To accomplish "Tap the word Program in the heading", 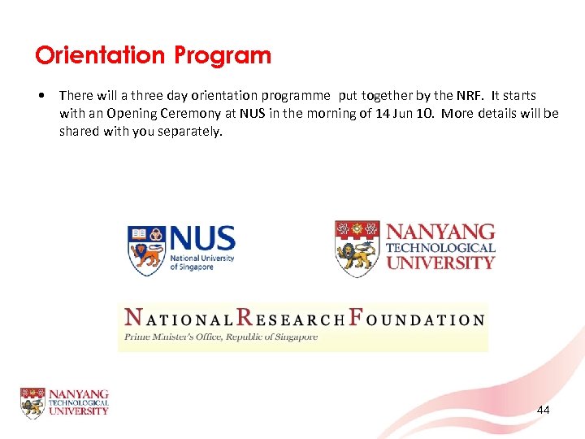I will tap(221, 57).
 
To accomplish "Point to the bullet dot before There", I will tap(41, 96).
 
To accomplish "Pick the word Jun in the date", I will tap(404, 114).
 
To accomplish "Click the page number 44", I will tap(543, 410).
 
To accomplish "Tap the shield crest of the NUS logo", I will tap(146, 250).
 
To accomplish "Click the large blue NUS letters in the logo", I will tap(202, 239).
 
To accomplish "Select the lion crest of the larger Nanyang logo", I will tap(357, 246).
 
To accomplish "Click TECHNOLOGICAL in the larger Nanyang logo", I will tap(440, 248).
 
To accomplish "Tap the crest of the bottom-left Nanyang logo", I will tap(32, 402).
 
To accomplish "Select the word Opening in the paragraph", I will tap(141, 114).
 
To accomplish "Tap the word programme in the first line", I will tap(293, 96).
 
